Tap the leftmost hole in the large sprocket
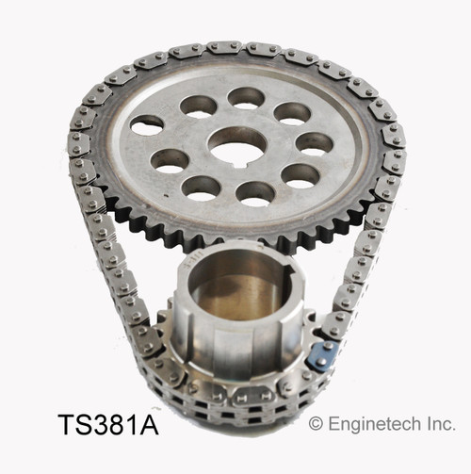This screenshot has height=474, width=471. (x=147, y=123)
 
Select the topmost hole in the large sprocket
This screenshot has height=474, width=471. (x=246, y=97)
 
